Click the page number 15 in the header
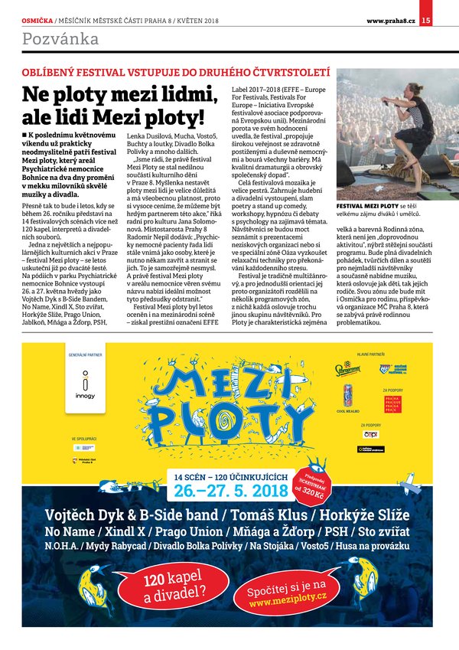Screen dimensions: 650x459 pos(447,21)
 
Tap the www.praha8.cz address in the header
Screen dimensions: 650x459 pos(392,21)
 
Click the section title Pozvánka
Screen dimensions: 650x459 pos(60,38)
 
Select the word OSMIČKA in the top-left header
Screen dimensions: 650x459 pos(37,21)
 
